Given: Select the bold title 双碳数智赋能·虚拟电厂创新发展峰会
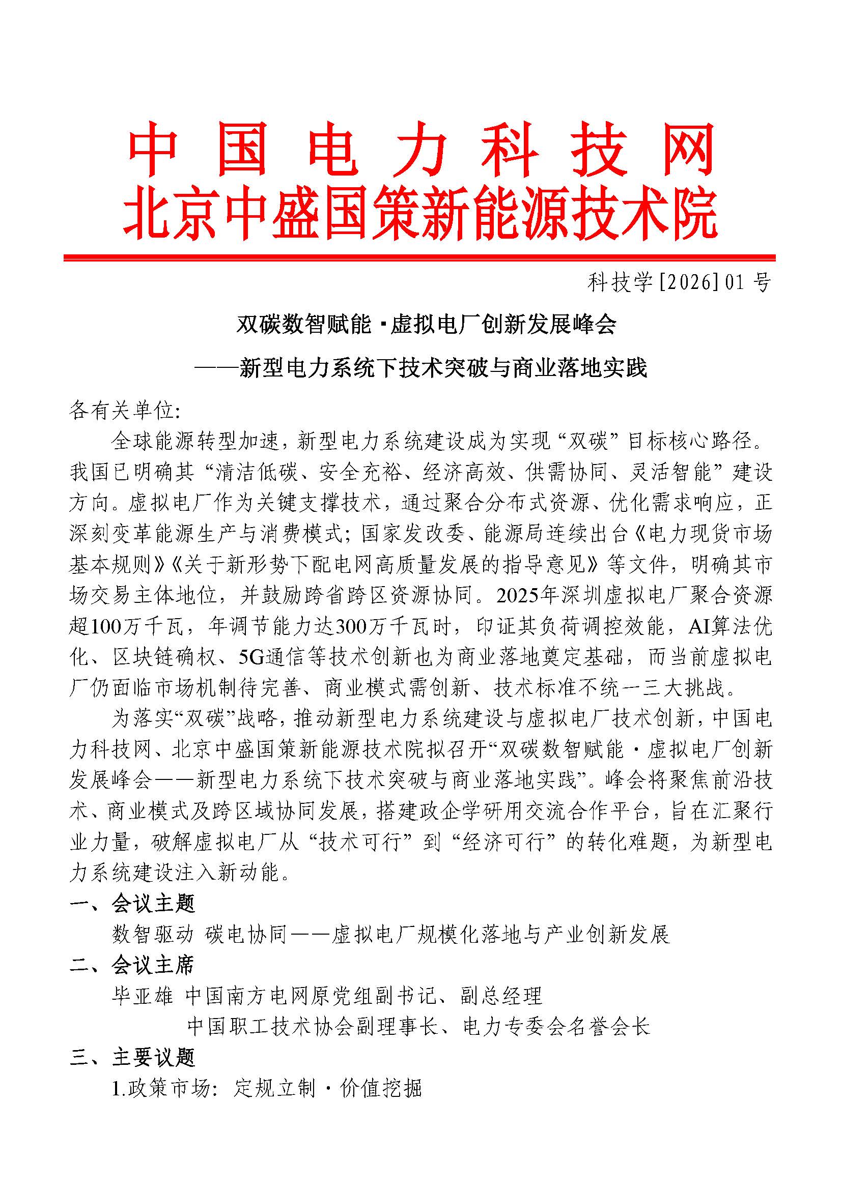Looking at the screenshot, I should (426, 325).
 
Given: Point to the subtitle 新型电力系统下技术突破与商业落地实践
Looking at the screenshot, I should (443, 368).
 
